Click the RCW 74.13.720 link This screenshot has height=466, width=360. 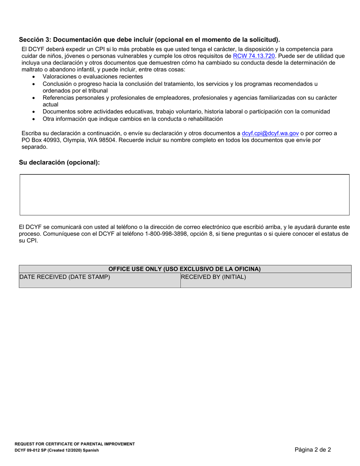pyautogui.click(x=254, y=56)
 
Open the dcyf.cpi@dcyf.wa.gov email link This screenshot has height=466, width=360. pyautogui.click(x=270, y=133)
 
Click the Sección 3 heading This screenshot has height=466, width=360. pyautogui.click(x=149, y=40)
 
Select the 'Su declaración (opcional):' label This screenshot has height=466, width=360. pyautogui.click(x=59, y=163)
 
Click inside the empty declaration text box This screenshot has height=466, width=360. pyautogui.click(x=184, y=195)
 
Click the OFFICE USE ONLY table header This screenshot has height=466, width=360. pyautogui.click(x=185, y=269)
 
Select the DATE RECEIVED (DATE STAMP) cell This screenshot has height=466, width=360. pyautogui.click(x=65, y=277)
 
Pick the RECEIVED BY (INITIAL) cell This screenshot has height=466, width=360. pyautogui.click(x=213, y=277)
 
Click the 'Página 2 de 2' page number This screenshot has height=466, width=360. pyautogui.click(x=313, y=450)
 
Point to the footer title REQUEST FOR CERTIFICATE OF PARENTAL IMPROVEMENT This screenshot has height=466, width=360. pyautogui.click(x=75, y=444)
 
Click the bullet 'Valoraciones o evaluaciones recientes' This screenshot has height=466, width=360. pyautogui.click(x=93, y=77)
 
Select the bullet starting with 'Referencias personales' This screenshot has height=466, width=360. pyautogui.click(x=189, y=98)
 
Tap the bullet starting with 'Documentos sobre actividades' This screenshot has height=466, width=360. pyautogui.click(x=186, y=111)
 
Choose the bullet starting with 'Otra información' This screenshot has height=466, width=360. pyautogui.click(x=133, y=119)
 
